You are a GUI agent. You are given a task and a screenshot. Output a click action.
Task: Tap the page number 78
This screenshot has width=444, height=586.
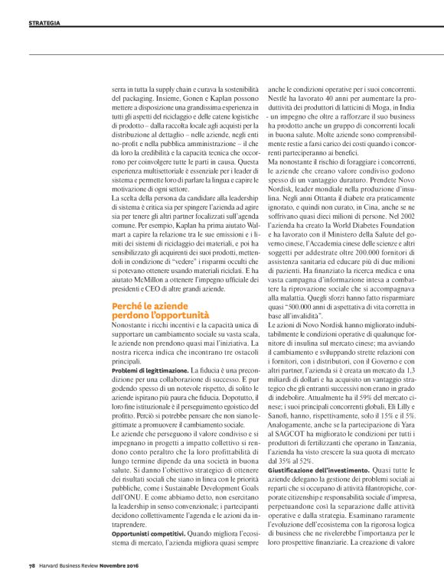pos(22,566)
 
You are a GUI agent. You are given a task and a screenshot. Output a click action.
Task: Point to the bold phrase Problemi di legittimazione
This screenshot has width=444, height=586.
pos(149,370)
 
